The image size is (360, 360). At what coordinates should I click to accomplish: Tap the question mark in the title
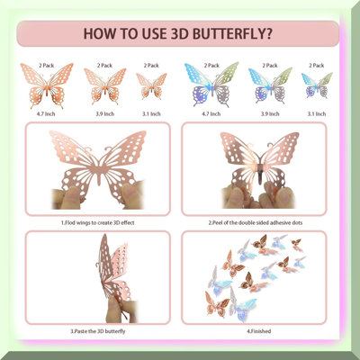pos(269,33)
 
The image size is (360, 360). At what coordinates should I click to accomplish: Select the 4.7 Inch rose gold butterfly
pos(47,85)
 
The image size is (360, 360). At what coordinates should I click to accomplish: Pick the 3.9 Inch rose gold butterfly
pos(105,86)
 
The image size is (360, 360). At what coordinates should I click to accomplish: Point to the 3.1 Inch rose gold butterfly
pos(151,86)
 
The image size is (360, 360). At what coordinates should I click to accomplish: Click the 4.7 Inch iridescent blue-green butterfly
pos(211,85)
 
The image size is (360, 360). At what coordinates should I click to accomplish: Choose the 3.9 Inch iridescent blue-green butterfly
pos(270,85)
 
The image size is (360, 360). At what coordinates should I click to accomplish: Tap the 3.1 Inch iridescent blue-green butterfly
pos(317,85)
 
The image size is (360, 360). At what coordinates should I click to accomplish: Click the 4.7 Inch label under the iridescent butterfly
pos(211,114)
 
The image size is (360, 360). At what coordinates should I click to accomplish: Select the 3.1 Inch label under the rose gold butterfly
pos(151,114)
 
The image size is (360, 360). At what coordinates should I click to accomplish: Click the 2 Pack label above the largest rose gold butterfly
pos(46,66)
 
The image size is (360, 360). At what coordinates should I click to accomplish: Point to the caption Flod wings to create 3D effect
pos(98,223)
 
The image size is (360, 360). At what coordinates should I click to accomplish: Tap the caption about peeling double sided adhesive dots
pos(256,223)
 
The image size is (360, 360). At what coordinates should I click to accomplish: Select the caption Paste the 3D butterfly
pos(98,331)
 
